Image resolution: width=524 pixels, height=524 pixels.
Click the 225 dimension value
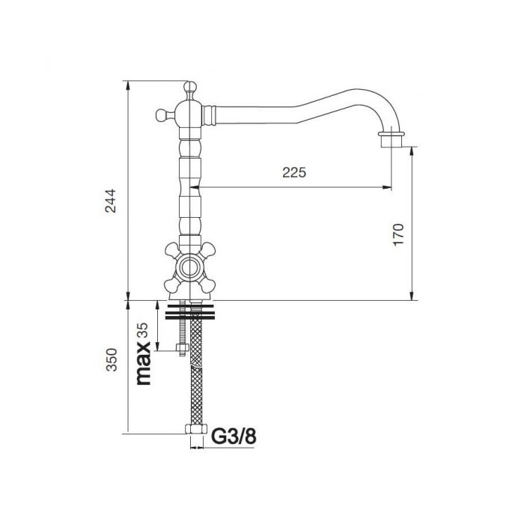pyautogui.click(x=294, y=172)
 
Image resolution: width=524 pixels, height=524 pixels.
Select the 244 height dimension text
pyautogui.click(x=111, y=201)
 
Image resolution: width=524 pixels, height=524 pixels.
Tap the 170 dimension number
pyautogui.click(x=398, y=234)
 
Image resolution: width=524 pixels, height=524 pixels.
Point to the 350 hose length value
pyautogui.click(x=112, y=359)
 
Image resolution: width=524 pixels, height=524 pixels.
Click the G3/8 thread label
pyautogui.click(x=234, y=436)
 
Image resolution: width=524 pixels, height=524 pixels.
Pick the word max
pyautogui.click(x=144, y=363)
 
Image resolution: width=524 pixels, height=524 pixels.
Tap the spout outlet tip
pyautogui.click(x=392, y=141)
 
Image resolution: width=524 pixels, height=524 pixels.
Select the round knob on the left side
pyautogui.click(x=162, y=115)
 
